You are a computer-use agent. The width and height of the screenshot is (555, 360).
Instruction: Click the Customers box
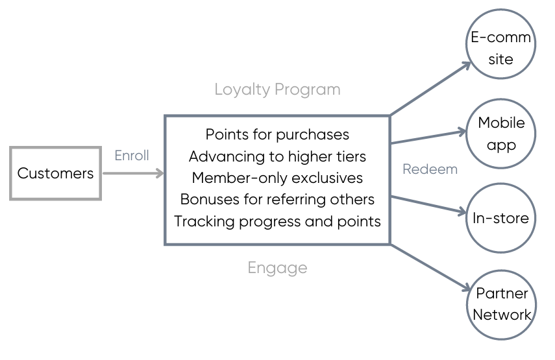55,173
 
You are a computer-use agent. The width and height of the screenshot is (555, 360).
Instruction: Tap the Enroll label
132,156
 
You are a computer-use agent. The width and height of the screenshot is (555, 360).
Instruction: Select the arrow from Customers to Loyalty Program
133,173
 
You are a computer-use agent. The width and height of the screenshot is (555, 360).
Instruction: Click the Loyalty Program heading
277,89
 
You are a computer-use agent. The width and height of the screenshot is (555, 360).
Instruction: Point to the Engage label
277,267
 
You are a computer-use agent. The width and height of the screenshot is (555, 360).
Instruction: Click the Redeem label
430,169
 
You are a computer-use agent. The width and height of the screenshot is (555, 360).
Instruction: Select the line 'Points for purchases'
277,134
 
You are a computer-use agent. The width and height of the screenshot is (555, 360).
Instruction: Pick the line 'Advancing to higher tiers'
277,156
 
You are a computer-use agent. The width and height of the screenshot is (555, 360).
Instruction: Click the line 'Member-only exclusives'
277,178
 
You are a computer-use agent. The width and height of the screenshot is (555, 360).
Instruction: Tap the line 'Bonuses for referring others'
277,199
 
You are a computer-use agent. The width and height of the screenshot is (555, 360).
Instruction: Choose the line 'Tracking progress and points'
277,221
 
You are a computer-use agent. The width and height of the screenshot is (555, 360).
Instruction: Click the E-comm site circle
500,48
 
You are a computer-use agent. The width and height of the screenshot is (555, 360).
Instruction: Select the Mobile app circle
500,134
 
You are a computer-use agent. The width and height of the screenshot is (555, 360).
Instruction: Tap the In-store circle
500,219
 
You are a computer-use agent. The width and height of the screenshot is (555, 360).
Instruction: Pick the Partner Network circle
500,304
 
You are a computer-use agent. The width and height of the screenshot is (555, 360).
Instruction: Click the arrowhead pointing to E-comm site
466,65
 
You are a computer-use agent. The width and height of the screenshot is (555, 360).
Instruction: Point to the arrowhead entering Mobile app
462,132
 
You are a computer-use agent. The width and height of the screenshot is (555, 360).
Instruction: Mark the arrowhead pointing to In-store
462,211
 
